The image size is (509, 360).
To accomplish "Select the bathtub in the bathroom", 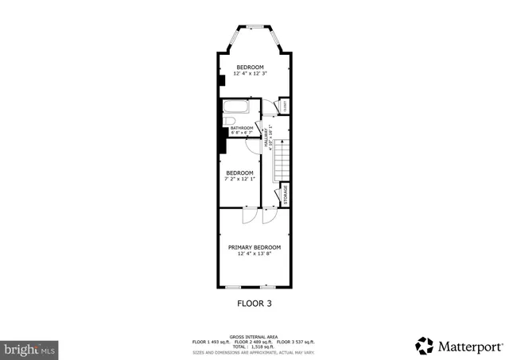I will click(x=236, y=108).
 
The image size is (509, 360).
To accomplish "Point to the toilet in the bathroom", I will click(x=229, y=122).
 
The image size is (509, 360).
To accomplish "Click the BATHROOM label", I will click(x=242, y=128).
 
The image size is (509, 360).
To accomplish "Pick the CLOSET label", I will click(x=285, y=106).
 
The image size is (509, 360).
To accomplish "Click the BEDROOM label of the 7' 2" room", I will click(x=239, y=172).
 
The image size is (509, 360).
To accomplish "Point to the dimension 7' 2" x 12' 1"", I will click(x=239, y=179).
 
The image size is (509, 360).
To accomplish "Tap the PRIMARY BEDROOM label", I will click(x=254, y=247).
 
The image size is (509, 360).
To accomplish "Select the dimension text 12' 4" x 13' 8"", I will click(x=254, y=254).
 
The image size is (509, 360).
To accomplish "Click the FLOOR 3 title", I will click(x=254, y=303).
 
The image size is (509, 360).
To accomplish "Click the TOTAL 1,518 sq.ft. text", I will click(x=254, y=346).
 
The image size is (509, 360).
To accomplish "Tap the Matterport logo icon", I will click(x=425, y=346).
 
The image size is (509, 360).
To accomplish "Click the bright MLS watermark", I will click(x=30, y=348).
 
